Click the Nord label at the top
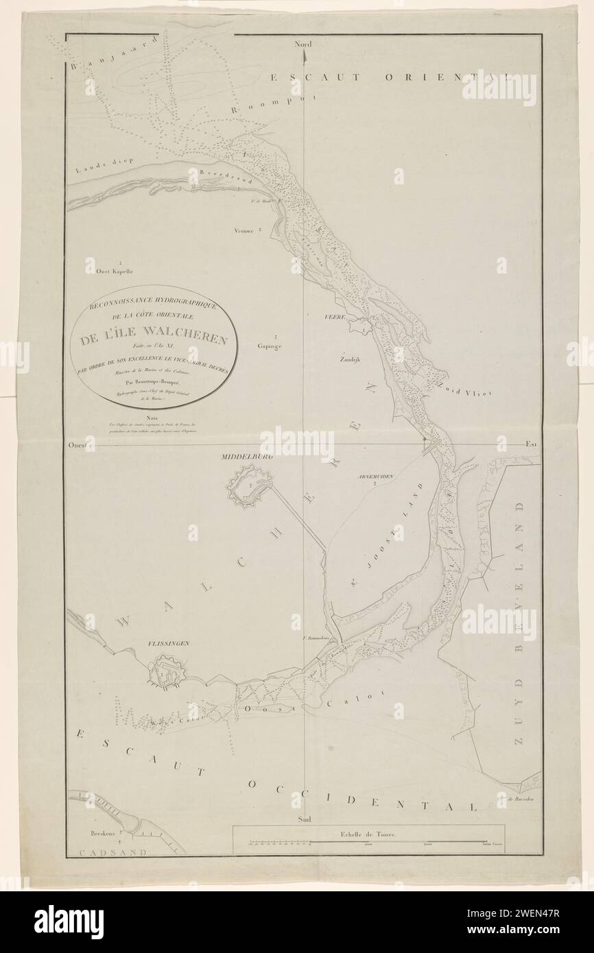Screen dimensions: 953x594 (302, 45)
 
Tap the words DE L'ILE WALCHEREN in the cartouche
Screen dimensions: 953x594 (157, 337)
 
